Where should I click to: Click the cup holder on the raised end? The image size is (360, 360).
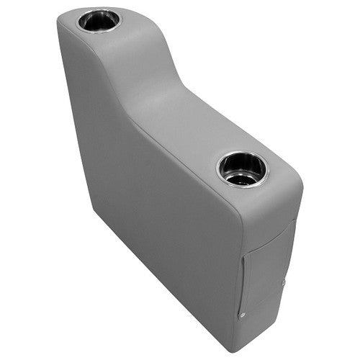point(99,19)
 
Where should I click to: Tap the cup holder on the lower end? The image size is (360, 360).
point(242,168)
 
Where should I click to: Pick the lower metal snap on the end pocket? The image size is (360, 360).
point(241,315)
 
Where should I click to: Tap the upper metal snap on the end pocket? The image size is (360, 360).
point(284,282)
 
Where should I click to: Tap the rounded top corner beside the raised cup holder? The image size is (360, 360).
point(65,22)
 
